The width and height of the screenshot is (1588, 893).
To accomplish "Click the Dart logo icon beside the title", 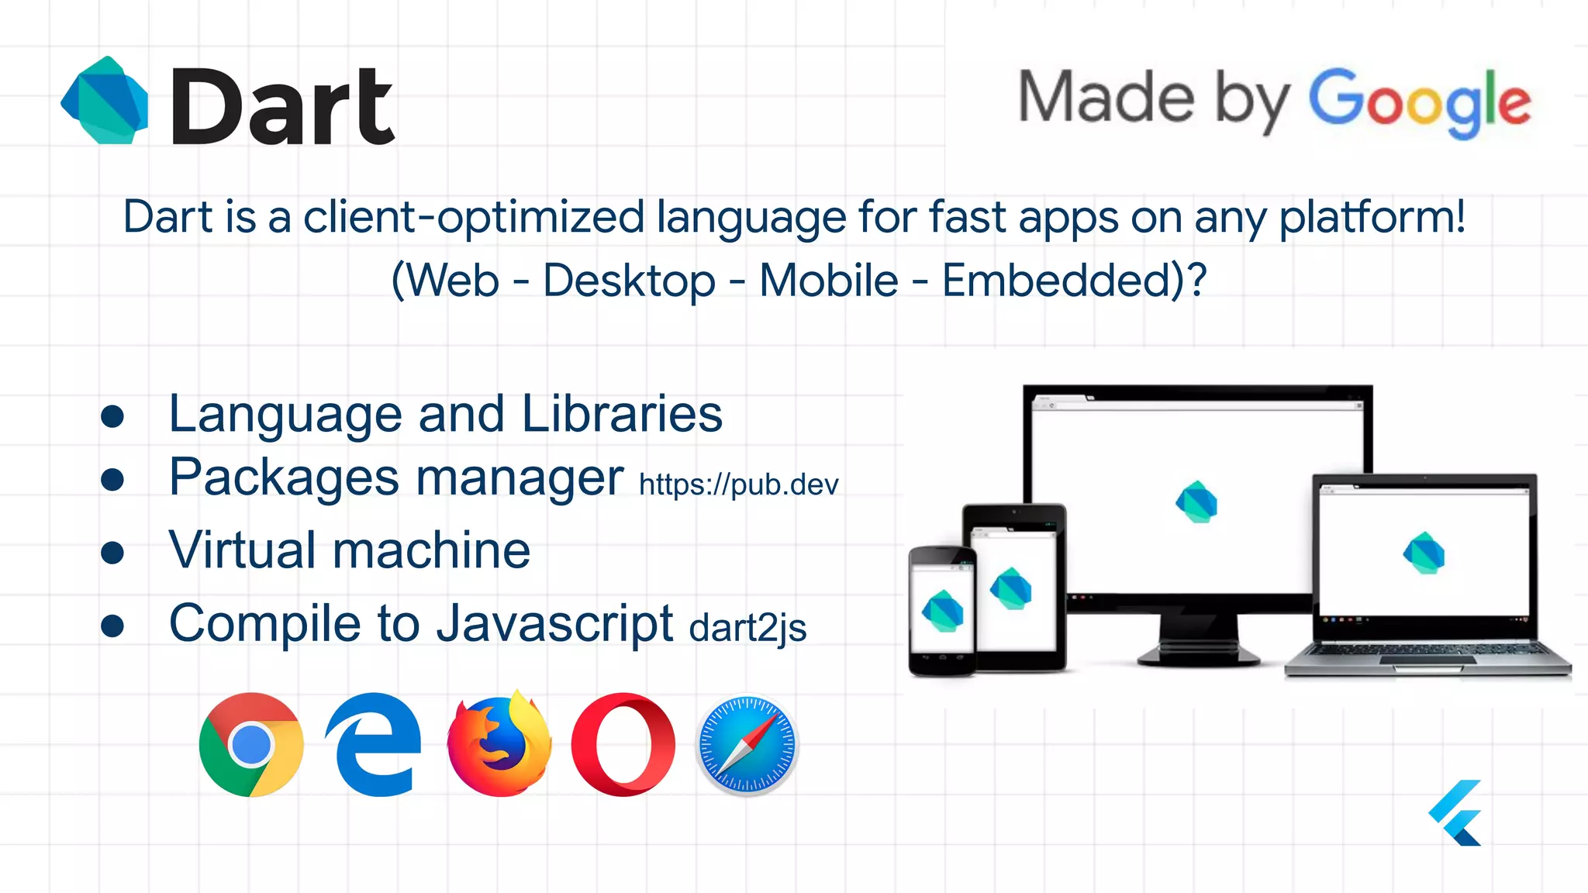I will click(105, 100).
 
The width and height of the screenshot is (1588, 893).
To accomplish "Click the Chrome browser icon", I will click(250, 745).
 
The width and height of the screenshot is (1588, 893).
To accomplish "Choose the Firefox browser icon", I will click(499, 745).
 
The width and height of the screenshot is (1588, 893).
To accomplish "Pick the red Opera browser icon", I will click(623, 745).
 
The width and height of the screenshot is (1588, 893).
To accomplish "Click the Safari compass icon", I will click(747, 745).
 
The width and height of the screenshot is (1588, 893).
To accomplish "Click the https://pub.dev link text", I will click(738, 485).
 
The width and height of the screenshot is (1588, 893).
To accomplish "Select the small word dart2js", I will click(747, 628).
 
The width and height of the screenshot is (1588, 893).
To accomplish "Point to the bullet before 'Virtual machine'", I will click(112, 553).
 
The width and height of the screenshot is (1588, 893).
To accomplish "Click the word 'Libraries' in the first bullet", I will click(622, 414).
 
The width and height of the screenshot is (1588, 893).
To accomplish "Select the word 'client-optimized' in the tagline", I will click(474, 217).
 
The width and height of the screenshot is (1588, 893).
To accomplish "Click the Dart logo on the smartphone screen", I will click(942, 611).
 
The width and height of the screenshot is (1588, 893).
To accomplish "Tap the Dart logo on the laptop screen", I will click(1424, 553).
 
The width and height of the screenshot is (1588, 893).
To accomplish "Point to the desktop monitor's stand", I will click(1199, 640).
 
